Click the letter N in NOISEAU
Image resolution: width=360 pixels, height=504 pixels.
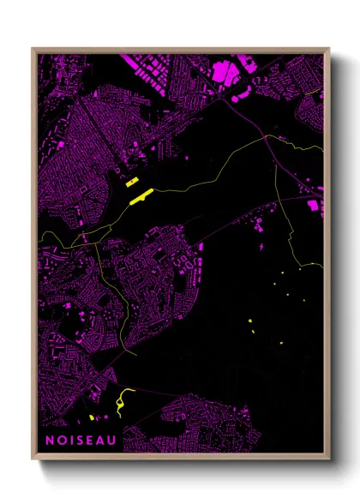[x=49, y=441]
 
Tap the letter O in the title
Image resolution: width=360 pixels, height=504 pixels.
[x=61, y=441]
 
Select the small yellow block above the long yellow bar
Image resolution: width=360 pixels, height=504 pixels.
[x=133, y=183]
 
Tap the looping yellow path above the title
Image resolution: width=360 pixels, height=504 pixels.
[x=123, y=399]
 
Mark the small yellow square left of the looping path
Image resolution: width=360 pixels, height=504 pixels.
[x=91, y=417]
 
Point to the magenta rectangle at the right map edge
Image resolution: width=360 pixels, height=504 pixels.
[x=315, y=206]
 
